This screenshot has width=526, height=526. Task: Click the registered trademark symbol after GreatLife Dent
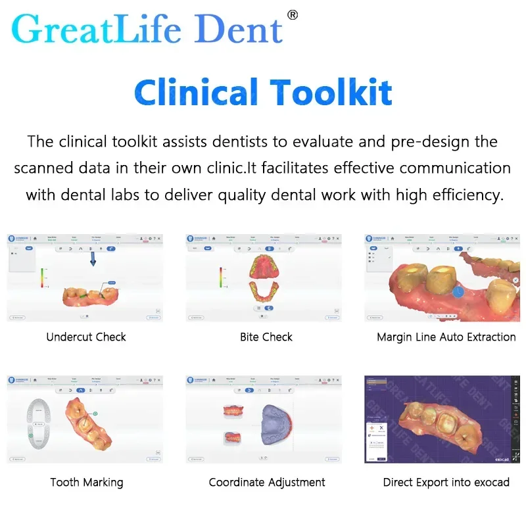[x=293, y=14]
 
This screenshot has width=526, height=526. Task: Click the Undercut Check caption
[x=86, y=337]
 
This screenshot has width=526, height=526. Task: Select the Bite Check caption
[x=266, y=337]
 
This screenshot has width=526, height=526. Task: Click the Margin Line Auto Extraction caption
[x=446, y=337]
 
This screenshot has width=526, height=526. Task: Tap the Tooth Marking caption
[x=86, y=483]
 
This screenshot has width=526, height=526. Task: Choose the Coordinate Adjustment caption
[x=267, y=483]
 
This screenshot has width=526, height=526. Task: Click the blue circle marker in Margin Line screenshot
[x=458, y=291]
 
